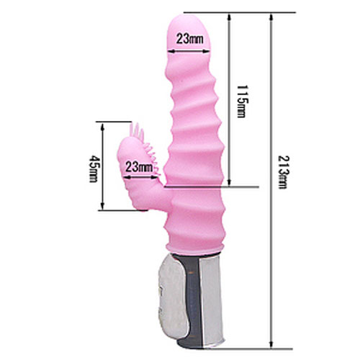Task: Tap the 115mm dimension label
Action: pos(242,102)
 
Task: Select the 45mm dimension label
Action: pos(94,168)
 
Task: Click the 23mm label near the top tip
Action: pos(189,38)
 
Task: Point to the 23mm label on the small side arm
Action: pos(139,166)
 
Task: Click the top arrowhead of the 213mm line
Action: pos(271,17)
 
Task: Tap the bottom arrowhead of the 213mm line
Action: pos(271,344)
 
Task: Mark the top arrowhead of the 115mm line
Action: pos(229,17)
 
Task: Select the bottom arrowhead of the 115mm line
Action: pos(229,181)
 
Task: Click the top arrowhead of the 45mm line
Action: pos(103,127)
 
